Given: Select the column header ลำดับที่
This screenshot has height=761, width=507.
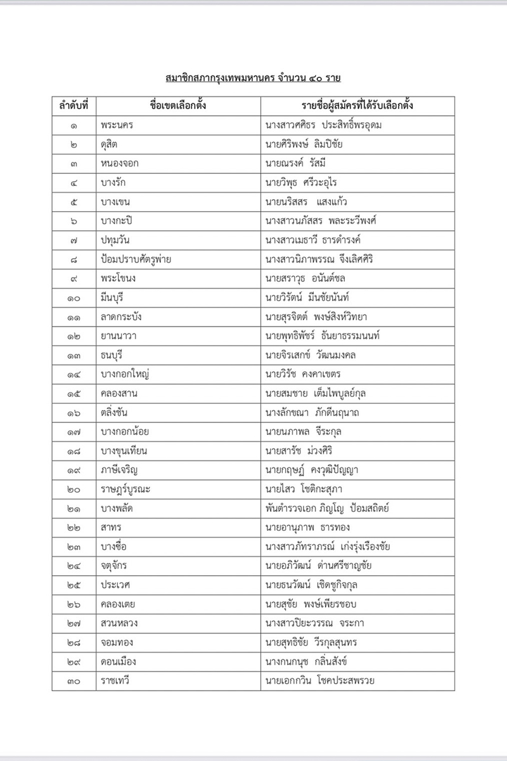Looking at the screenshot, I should click(x=74, y=105).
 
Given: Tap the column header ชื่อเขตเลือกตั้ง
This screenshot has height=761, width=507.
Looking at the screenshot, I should click(x=177, y=105).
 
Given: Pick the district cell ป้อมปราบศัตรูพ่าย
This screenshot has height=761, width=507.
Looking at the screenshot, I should click(x=136, y=259).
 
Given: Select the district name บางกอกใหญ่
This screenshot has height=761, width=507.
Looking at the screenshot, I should click(x=125, y=374).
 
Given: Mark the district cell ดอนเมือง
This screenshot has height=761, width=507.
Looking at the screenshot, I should click(x=118, y=661).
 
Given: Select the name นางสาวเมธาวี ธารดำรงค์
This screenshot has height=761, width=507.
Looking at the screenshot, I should click(x=322, y=240).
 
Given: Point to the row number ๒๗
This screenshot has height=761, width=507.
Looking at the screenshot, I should click(x=74, y=623).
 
